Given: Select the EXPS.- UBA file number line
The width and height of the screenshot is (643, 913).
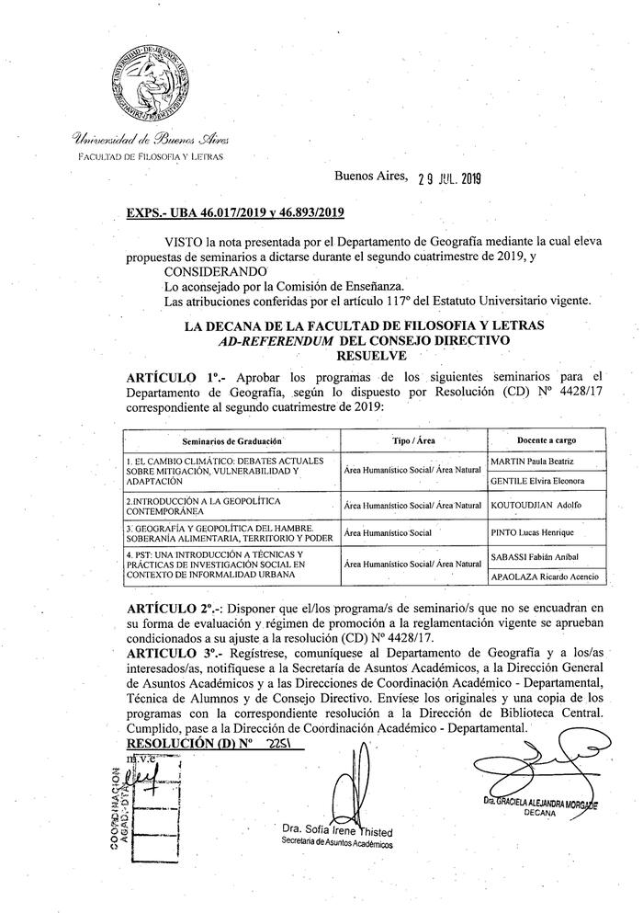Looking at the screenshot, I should (235, 213).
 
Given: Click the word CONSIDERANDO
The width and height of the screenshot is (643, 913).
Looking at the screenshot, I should (215, 273).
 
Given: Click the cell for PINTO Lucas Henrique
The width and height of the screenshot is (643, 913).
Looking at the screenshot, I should (534, 531).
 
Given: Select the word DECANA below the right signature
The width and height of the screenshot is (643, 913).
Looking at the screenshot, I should (542, 814).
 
